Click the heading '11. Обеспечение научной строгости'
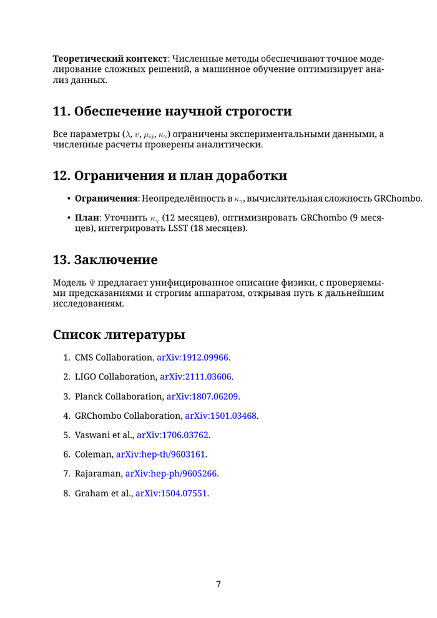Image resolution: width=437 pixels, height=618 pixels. point(172,112)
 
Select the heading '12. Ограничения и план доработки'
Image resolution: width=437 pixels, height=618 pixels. point(170,175)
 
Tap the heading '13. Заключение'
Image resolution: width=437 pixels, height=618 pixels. point(105,259)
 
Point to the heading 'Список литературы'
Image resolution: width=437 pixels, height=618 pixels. point(119,335)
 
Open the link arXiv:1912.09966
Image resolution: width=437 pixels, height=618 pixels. point(193,358)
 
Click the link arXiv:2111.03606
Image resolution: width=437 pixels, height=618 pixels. point(196,377)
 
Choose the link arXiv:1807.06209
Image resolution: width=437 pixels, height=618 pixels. point(203,396)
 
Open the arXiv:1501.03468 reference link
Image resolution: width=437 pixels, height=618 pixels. point(221,416)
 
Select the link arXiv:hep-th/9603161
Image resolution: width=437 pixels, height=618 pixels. point(161,454)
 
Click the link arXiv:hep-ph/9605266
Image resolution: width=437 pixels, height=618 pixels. point(171,474)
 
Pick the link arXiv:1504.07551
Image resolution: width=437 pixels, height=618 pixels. point(172,493)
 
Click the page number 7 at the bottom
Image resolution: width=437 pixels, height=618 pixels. point(219,584)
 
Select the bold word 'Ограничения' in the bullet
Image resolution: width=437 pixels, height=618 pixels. point(106,199)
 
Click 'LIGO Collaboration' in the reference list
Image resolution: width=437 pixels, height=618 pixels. point(115,377)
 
